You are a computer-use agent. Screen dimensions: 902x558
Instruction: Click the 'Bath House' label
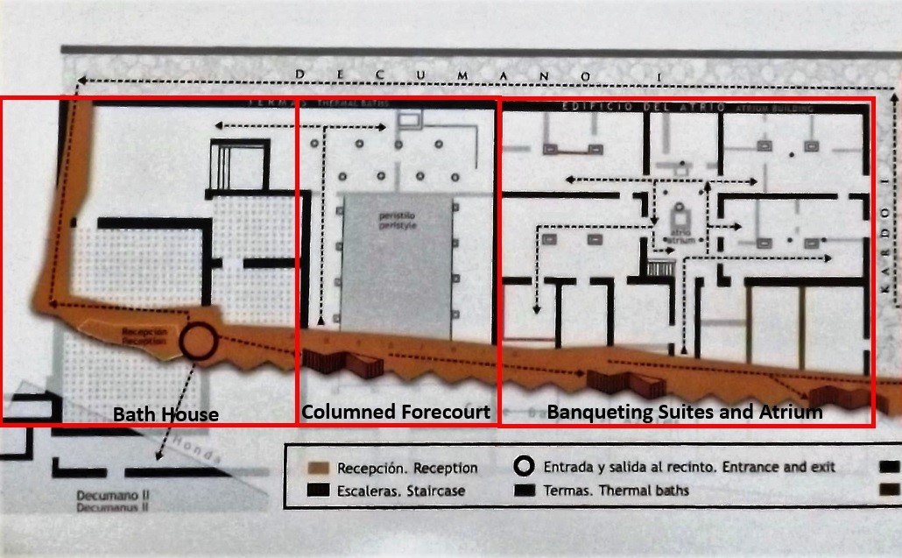tap(166, 414)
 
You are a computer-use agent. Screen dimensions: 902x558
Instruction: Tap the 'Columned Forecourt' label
tap(396, 412)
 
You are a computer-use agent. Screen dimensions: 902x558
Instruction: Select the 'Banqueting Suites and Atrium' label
tap(685, 412)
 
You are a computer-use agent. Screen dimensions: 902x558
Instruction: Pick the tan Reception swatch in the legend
tap(319, 468)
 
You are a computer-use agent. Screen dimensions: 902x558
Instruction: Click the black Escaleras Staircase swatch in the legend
tap(319, 490)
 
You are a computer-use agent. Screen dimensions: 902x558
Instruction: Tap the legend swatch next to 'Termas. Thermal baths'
tap(525, 489)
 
